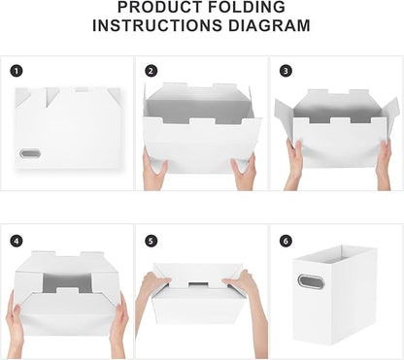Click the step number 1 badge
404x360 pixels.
pyautogui.click(x=17, y=71)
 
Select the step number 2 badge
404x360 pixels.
pyautogui.click(x=151, y=71)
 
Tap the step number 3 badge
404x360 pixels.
pyautogui.click(x=285, y=71)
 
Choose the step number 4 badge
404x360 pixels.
pyautogui.click(x=17, y=240)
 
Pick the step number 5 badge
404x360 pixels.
pyautogui.click(x=151, y=240)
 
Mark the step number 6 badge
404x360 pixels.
pyautogui.click(x=285, y=240)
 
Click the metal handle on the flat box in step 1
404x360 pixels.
pyautogui.click(x=33, y=154)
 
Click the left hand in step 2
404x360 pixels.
pyautogui.click(x=155, y=171)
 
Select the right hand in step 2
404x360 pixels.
pyautogui.click(x=245, y=171)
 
